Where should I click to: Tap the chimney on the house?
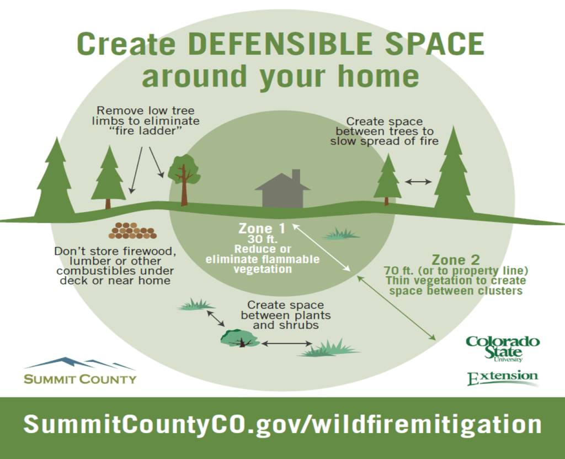(296, 176)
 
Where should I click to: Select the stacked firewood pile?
(132, 230)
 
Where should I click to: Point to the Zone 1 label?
(262, 229)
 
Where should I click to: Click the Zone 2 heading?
(456, 260)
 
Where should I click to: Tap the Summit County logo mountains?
(80, 364)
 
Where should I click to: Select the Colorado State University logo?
(503, 349)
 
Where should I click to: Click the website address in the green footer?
(282, 424)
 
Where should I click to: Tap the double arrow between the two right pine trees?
(418, 182)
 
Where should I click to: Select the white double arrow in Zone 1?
(322, 247)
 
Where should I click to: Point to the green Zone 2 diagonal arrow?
(396, 308)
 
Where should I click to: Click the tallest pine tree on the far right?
(454, 172)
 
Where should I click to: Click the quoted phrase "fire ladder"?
(145, 130)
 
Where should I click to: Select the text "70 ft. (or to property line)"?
(456, 271)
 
